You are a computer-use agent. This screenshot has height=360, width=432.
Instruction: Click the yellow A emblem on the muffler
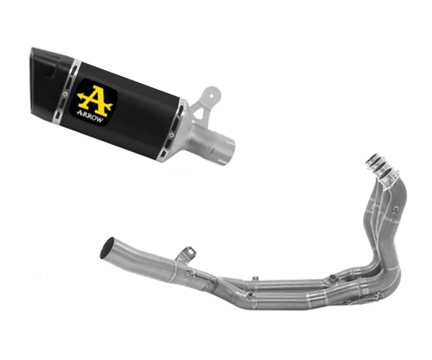[95, 98]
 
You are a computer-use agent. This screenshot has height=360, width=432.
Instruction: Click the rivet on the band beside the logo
[64, 93]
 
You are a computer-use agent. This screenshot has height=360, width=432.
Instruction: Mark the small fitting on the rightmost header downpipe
[396, 208]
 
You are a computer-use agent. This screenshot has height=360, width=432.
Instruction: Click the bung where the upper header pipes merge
[332, 277]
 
